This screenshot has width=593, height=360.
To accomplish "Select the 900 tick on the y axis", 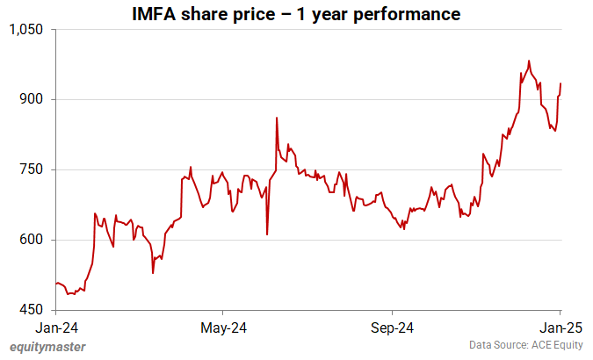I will pyautogui.click(x=33, y=99).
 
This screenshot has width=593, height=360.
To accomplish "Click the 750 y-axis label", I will pyautogui.click(x=33, y=169).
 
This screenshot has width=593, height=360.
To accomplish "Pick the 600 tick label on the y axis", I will pyautogui.click(x=33, y=240).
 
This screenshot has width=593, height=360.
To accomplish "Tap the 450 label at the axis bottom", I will pyautogui.click(x=33, y=310).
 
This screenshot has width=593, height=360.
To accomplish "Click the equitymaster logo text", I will pyautogui.click(x=47, y=347).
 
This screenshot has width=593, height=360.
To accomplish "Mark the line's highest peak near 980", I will pyautogui.click(x=529, y=61).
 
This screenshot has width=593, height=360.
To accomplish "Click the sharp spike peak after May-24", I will pyautogui.click(x=277, y=118).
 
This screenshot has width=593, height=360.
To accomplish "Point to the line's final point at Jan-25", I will pyautogui.click(x=561, y=83).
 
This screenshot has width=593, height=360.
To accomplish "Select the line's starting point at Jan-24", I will pyautogui.click(x=54, y=284).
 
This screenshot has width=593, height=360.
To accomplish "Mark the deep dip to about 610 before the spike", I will pyautogui.click(x=267, y=234).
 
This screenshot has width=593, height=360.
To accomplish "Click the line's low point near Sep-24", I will pyautogui.click(x=403, y=228).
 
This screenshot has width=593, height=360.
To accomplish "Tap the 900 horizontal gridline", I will pyautogui.click(x=307, y=99).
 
